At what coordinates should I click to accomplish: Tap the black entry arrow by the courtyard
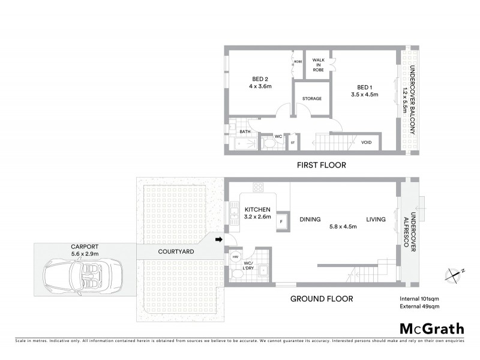(219, 240)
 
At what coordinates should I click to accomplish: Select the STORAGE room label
(312, 98)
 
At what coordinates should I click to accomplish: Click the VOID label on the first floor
(366, 142)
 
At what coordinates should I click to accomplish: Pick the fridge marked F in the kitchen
(281, 222)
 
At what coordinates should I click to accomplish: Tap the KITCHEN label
(258, 209)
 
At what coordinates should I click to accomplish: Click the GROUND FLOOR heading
(322, 298)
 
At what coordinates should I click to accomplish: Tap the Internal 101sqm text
(419, 298)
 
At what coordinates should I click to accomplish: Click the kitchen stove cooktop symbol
(259, 186)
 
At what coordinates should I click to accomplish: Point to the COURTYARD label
(175, 253)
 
